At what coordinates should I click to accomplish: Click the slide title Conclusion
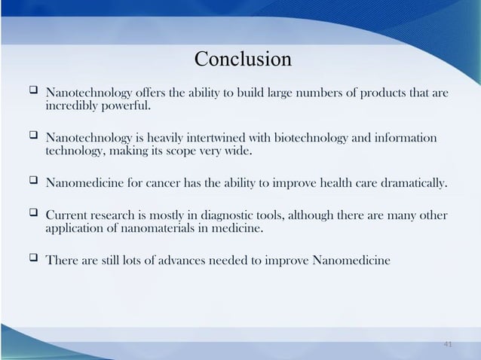coord(242,59)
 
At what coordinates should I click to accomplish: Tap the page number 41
coord(448,344)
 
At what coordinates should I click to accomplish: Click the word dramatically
coord(413,183)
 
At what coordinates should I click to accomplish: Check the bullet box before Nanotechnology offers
coord(33,93)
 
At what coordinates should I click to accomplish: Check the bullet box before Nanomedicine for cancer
coord(33,182)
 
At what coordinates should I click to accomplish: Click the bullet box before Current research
coord(33,214)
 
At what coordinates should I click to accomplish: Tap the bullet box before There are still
coord(33,260)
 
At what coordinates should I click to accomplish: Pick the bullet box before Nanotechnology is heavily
coord(33,138)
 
